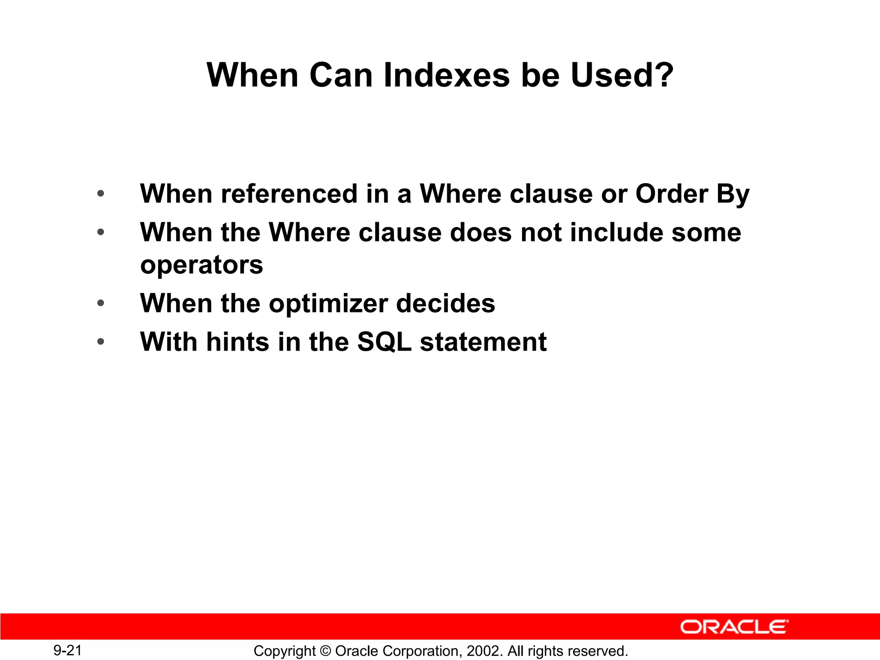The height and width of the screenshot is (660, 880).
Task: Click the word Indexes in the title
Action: [446, 75]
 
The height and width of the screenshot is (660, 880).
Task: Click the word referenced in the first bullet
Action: [289, 194]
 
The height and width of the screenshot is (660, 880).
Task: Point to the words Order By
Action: [692, 194]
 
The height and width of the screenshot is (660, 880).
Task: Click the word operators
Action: [202, 266]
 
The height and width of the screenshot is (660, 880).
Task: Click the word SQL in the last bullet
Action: [384, 342]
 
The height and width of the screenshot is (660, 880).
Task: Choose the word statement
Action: [483, 342]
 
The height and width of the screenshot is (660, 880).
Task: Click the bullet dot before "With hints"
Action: [101, 342]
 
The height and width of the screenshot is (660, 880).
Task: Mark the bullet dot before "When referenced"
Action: [101, 194]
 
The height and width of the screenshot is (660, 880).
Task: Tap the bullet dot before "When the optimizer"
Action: [101, 303]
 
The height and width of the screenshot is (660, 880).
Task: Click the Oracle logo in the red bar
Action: [734, 627]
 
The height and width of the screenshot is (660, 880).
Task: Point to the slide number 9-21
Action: [67, 650]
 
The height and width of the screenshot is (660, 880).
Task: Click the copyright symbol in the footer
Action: [325, 651]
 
